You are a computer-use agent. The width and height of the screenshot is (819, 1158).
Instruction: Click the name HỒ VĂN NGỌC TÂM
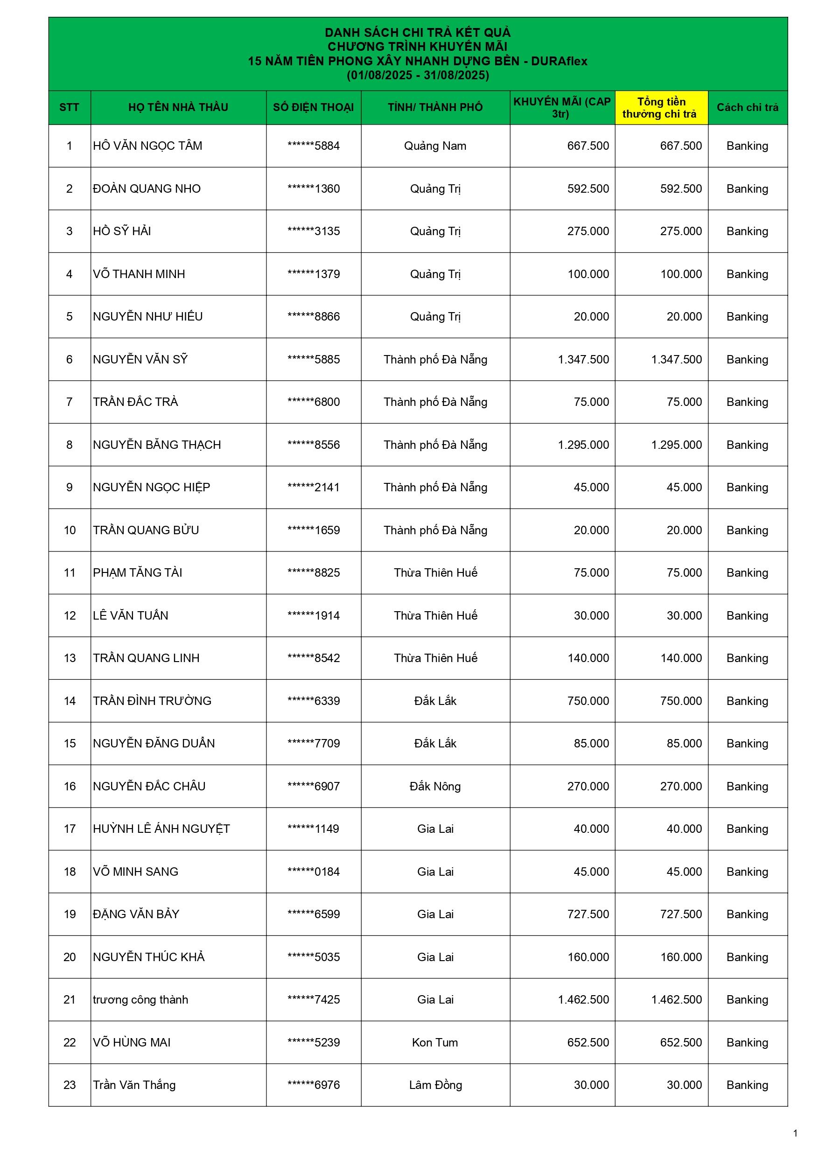point(147,146)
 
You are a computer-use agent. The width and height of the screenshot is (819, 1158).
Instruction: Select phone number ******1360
point(314,188)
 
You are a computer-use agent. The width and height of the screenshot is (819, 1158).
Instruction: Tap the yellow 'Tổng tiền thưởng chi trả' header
point(661,107)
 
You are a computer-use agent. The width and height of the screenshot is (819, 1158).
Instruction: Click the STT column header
point(69,107)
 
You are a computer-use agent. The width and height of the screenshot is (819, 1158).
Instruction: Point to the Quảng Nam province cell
point(435,146)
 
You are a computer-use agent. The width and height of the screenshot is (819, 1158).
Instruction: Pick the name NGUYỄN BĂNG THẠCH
point(157,445)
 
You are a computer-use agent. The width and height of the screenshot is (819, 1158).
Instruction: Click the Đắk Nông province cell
point(435,786)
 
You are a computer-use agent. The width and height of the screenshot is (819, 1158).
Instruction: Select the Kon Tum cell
point(435,1042)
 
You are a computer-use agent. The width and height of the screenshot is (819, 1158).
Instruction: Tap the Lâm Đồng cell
point(435,1085)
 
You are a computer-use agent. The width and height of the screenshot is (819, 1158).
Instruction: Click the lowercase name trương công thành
point(140,1000)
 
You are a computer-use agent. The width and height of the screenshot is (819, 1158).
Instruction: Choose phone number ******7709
point(314,743)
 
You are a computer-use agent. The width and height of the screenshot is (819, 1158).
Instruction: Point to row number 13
point(69,658)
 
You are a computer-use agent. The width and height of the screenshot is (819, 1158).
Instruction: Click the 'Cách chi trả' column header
point(747,107)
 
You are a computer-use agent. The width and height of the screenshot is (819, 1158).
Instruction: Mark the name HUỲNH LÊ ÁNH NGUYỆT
point(161,829)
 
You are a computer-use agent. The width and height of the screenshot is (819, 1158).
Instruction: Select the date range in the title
point(417,76)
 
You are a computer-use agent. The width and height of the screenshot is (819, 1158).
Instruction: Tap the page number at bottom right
point(795,1133)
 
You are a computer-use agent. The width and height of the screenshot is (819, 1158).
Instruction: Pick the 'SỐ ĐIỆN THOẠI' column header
point(314,107)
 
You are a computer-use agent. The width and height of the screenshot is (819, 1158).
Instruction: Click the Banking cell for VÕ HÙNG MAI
point(747,1042)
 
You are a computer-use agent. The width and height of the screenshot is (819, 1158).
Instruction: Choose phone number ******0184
point(314,872)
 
